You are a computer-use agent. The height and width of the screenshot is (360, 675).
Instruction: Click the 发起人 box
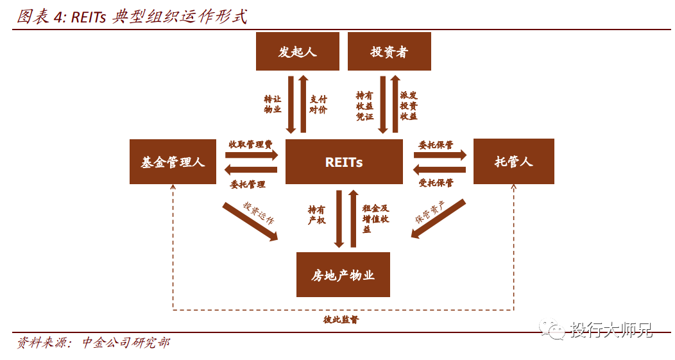tap(298, 51)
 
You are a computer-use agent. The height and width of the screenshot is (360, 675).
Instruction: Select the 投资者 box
tap(389, 51)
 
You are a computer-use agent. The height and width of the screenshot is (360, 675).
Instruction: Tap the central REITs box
tap(344, 162)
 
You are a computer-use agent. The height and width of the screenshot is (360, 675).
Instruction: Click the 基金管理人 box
tap(173, 162)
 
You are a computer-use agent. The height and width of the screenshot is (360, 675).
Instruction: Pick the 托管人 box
tap(513, 162)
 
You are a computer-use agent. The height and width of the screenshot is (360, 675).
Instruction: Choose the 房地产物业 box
tap(343, 275)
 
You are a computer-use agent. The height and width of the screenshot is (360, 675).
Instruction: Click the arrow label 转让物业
tap(273, 104)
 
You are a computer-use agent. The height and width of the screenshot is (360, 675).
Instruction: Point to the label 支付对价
tap(318, 104)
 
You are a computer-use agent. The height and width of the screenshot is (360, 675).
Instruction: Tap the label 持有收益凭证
tap(364, 106)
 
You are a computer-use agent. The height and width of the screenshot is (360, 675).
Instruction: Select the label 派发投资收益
tap(409, 106)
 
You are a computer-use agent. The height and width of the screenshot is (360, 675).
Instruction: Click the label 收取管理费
tap(250, 144)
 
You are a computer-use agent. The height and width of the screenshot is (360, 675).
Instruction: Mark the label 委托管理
tap(248, 184)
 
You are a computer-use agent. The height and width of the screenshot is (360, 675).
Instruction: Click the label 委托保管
tap(436, 144)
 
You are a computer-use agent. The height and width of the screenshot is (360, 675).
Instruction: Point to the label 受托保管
tap(436, 183)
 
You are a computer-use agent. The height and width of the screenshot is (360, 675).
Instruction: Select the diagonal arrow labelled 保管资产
tap(438, 218)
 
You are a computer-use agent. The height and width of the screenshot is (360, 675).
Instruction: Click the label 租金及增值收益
tap(375, 219)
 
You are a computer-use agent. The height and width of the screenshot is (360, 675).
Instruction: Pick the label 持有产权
tap(317, 215)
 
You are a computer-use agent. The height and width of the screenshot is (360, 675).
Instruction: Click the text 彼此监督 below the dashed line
tap(341, 320)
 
